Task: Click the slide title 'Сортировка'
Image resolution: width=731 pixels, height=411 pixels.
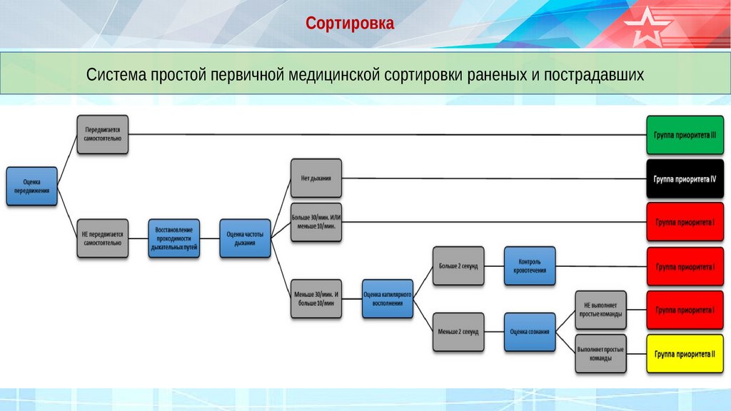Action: click(350, 24)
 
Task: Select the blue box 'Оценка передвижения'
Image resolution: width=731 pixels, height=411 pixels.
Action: click(31, 186)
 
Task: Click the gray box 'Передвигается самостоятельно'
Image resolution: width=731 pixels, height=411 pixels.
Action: click(103, 134)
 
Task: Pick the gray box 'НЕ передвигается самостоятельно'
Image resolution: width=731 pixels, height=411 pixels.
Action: click(103, 238)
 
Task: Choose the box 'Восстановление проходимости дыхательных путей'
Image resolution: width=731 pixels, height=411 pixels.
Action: click(174, 238)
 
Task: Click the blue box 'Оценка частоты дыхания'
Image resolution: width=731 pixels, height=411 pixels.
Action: click(245, 238)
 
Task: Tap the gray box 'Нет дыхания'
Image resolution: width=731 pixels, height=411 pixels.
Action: click(316, 178)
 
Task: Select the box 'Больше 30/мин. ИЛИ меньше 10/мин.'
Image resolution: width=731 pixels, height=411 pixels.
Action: click(316, 222)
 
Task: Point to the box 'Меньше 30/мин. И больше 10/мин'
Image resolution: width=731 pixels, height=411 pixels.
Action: click(316, 298)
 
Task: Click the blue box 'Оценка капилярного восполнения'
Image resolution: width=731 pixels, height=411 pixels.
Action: click(388, 298)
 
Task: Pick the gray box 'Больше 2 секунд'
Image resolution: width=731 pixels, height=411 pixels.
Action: click(458, 265)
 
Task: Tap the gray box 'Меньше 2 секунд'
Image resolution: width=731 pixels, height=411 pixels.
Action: click(458, 332)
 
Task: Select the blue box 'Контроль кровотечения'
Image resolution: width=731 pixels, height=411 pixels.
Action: click(530, 265)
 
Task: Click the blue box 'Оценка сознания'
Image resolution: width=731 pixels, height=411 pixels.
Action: click(530, 332)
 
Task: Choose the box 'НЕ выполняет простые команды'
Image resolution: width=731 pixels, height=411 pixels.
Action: click(601, 309)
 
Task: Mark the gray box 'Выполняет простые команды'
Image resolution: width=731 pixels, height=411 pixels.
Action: click(601, 353)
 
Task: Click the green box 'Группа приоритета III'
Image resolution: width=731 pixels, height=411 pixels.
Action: click(685, 134)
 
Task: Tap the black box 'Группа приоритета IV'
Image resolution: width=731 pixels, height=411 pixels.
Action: click(685, 178)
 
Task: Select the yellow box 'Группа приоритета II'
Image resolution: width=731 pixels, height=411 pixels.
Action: click(685, 353)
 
